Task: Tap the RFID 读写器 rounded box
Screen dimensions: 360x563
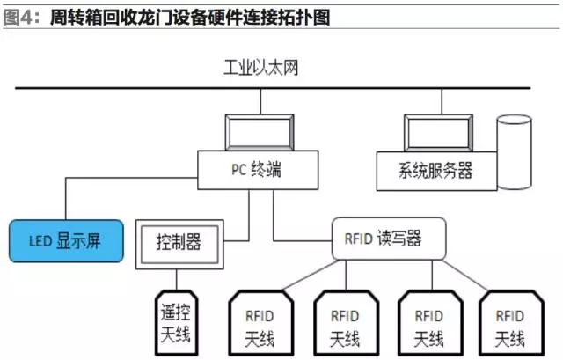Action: pyautogui.click(x=389, y=239)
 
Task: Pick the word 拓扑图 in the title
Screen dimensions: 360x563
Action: pyautogui.click(x=307, y=16)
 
